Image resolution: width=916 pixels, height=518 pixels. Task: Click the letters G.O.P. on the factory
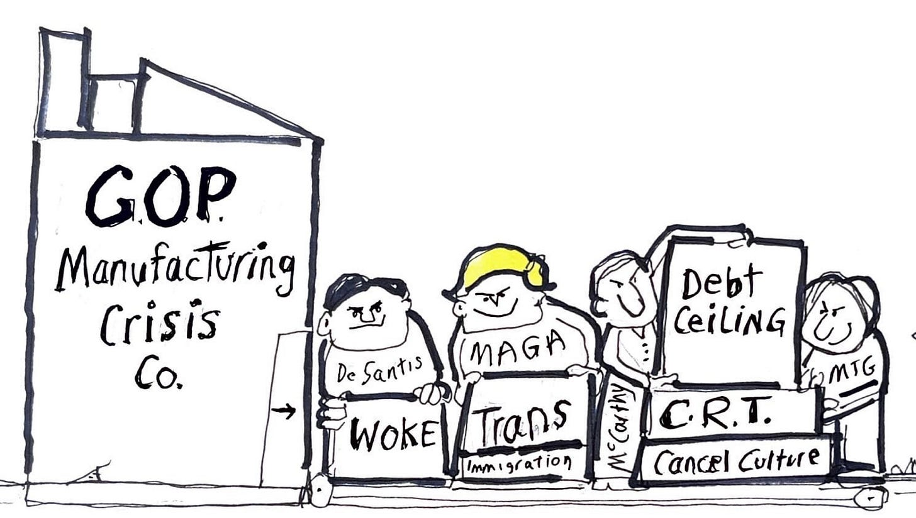tap(160, 196)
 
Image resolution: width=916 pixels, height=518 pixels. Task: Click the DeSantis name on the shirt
tap(378, 374)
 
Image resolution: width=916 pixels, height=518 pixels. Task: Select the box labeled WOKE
tap(391, 433)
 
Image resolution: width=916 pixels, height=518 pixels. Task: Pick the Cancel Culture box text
tap(736, 461)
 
